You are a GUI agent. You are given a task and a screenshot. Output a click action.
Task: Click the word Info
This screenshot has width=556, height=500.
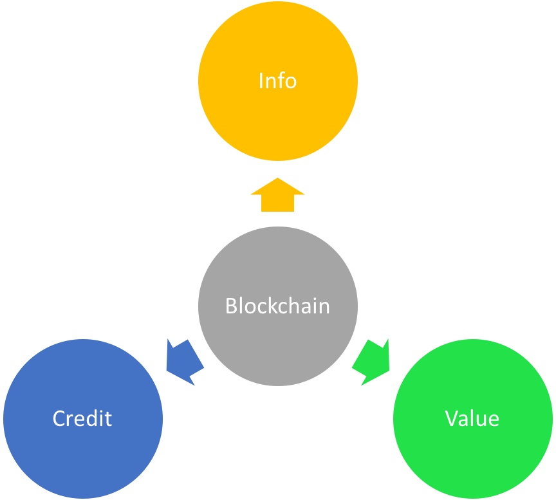coord(277,81)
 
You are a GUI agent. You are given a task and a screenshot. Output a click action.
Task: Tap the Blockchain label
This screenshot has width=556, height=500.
coord(277,306)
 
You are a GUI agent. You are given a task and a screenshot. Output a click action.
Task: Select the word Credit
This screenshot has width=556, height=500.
coord(82,419)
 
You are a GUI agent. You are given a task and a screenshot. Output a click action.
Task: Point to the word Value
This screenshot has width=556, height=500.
coord(472,419)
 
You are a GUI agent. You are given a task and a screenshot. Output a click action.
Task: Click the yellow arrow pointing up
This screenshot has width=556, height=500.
coord(277,196)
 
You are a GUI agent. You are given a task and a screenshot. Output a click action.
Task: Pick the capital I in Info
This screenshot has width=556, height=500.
coord(261,81)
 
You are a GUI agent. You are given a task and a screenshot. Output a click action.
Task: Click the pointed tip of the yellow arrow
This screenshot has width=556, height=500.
coord(277,179)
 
